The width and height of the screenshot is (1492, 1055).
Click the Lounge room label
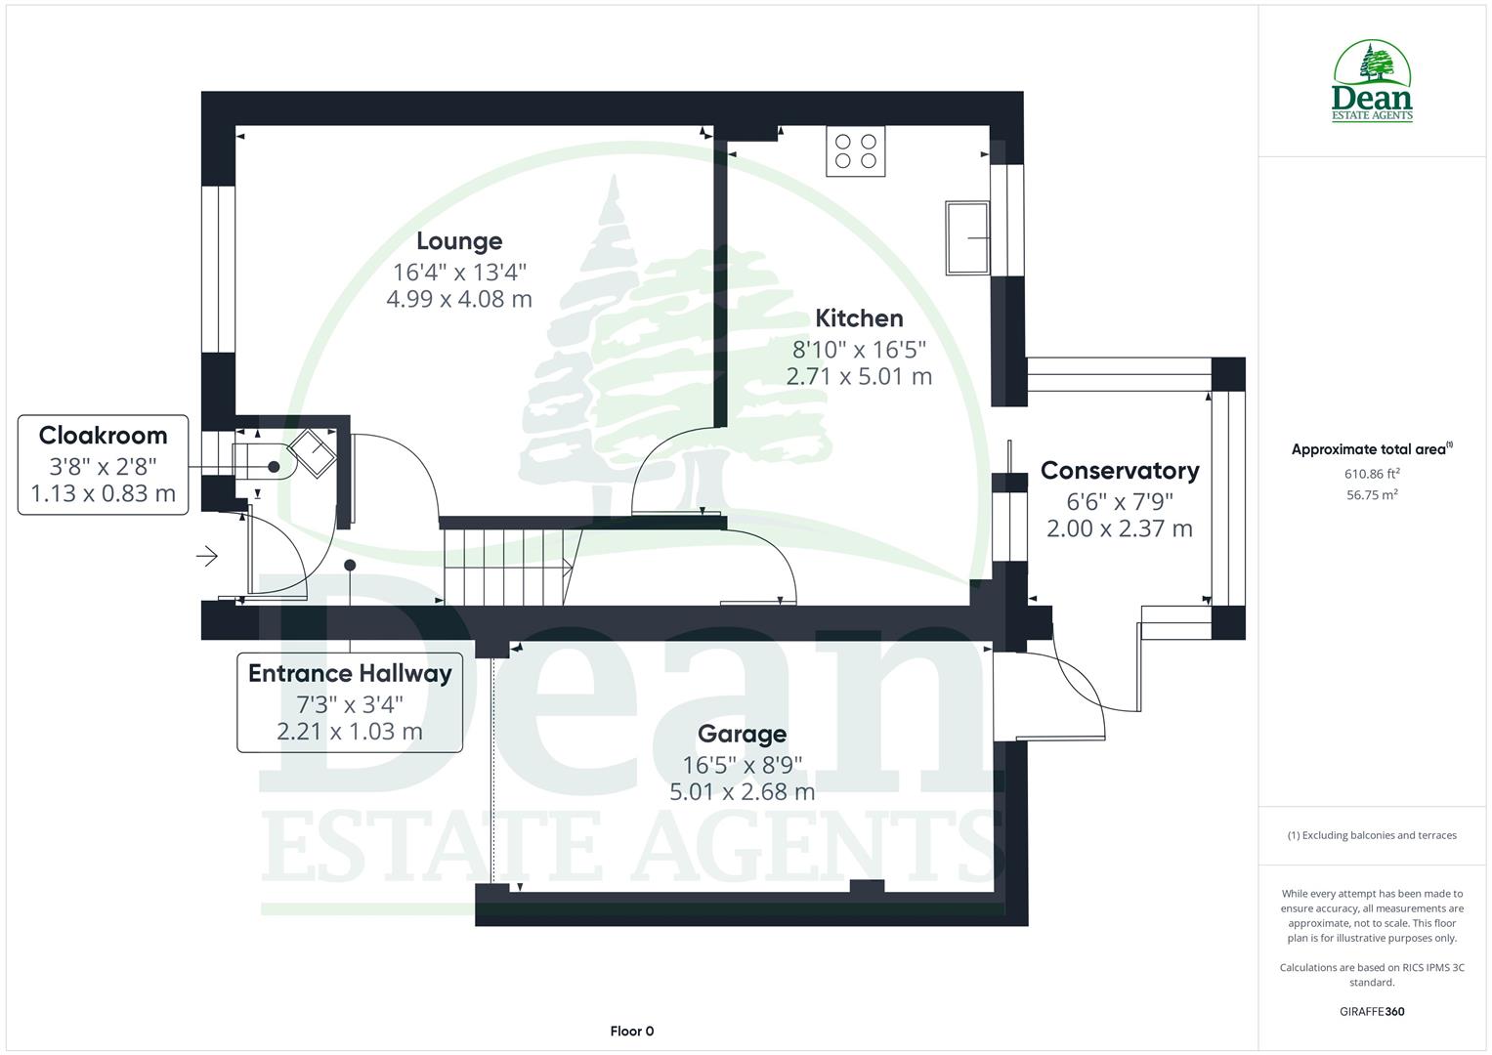click(x=458, y=241)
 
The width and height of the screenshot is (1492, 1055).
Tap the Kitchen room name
click(x=859, y=318)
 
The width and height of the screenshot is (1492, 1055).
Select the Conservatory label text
click(x=1119, y=471)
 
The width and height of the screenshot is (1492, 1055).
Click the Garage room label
click(x=742, y=735)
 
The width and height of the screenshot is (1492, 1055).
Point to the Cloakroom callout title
click(x=103, y=436)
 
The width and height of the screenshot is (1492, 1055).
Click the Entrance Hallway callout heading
click(x=350, y=673)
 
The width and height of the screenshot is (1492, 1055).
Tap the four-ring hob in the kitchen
click(x=855, y=151)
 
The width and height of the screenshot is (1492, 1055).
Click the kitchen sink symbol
click(x=966, y=237)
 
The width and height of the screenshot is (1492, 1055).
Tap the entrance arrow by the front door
click(x=207, y=557)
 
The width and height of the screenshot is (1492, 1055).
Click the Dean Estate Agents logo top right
click(x=1372, y=82)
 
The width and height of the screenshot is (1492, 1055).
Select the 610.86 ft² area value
click(x=1372, y=474)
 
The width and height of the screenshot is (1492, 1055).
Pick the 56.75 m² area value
click(x=1372, y=495)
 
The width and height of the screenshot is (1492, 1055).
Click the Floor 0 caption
click(x=631, y=1031)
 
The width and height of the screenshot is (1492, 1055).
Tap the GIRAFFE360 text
click(x=1372, y=1011)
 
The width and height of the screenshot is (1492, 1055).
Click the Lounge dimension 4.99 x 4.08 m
click(x=458, y=299)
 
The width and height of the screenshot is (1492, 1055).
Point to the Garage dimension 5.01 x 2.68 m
click(x=742, y=792)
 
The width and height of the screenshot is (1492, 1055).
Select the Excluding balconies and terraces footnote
click(x=1372, y=835)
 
